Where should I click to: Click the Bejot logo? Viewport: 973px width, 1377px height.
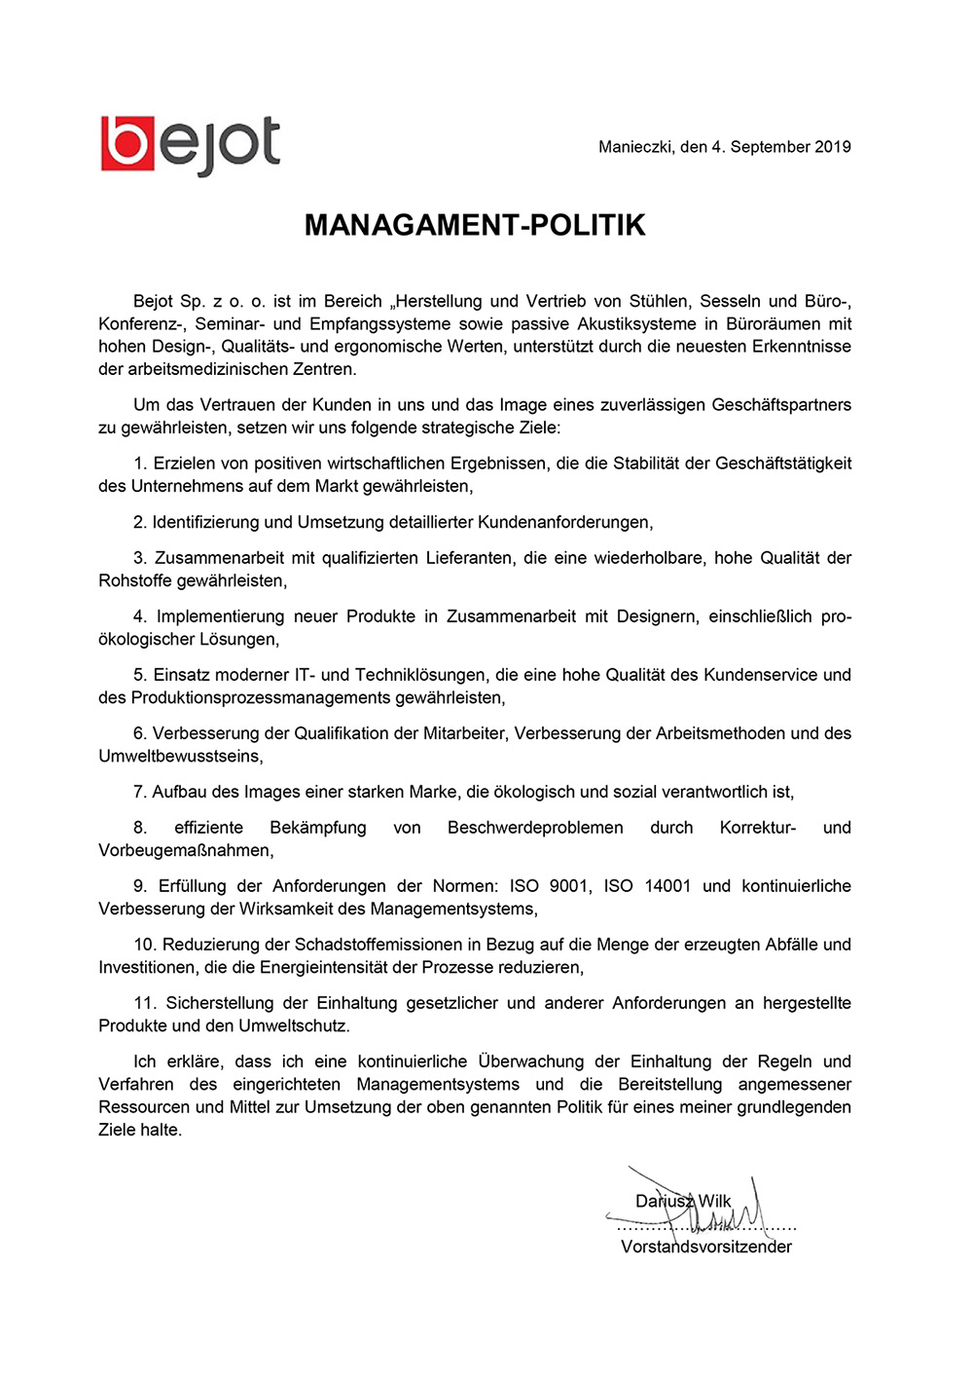(190, 146)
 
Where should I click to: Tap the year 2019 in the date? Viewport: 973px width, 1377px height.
(833, 147)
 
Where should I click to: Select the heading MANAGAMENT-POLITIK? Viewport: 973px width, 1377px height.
(475, 225)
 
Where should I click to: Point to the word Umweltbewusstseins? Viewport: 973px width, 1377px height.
(180, 757)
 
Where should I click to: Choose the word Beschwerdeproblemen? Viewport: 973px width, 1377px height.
(535, 828)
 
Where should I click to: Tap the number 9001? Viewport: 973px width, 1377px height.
(569, 886)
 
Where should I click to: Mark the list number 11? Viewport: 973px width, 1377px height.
(145, 1003)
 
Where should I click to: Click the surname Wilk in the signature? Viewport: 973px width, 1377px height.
(714, 1201)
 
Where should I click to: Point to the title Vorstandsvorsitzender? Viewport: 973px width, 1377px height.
(706, 1247)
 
